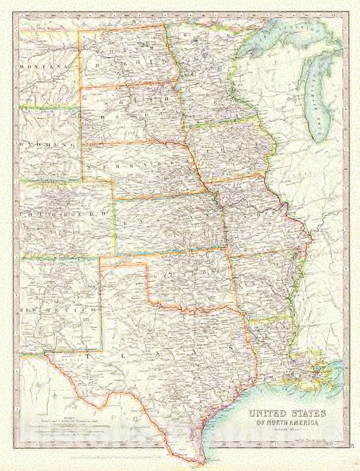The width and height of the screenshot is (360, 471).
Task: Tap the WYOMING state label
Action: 46,145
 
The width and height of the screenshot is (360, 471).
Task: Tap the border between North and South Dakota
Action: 128,84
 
